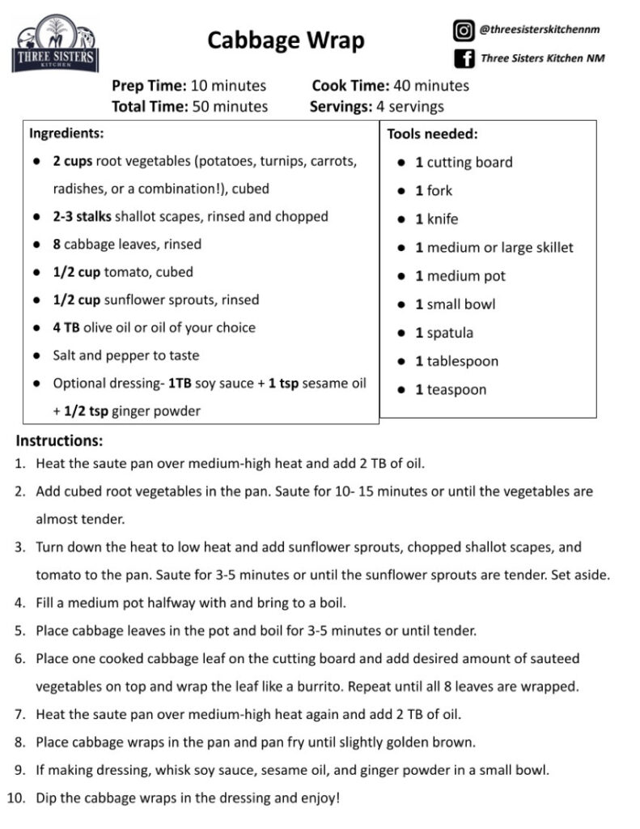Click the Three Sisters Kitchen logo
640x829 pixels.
coord(55,45)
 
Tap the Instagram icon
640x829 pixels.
coord(464,31)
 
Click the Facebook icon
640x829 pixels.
coord(464,58)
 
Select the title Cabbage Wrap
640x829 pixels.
coord(286,40)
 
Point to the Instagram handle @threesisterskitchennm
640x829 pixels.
coord(540,30)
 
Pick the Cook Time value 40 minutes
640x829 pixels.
coord(430,86)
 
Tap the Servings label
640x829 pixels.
coord(340,106)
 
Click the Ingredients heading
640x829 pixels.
coord(66,133)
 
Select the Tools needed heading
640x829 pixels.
coord(432,134)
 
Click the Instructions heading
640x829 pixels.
coord(59,441)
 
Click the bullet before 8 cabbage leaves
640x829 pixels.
coord(37,244)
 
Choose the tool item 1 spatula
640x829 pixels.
coord(444,333)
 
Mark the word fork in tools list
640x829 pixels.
coord(439,191)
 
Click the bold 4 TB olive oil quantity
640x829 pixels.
coord(66,328)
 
